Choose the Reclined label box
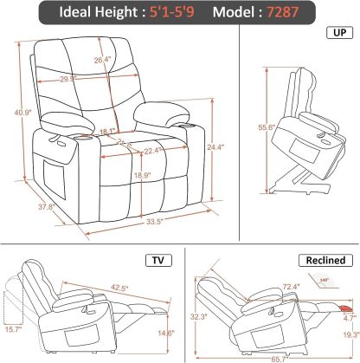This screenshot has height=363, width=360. (x=325, y=260)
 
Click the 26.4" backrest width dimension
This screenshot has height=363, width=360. (x=104, y=60)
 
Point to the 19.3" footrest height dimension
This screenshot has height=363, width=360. (x=349, y=335)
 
